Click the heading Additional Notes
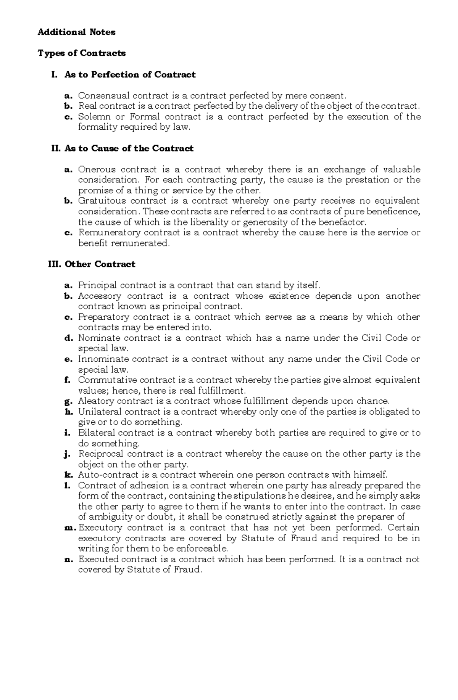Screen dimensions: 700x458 click(76, 32)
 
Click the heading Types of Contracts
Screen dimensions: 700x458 click(81, 53)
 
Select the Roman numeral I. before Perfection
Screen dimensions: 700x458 click(54, 75)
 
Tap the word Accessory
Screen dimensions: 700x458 click(99, 296)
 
